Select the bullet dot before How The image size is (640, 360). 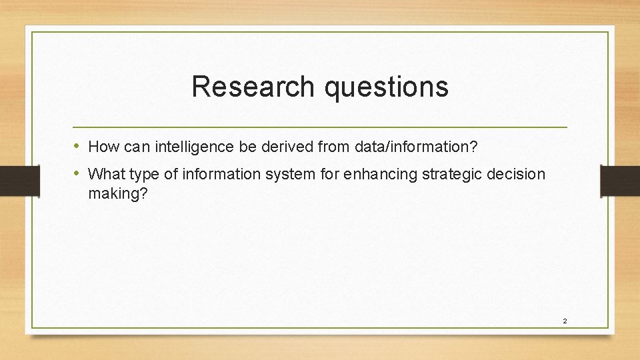pyautogui.click(x=77, y=146)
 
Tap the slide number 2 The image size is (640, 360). pyautogui.click(x=565, y=321)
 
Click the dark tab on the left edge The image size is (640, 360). pyautogui.click(x=11, y=181)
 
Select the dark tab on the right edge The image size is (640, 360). pyautogui.click(x=619, y=181)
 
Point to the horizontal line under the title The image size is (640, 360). pyautogui.click(x=320, y=127)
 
